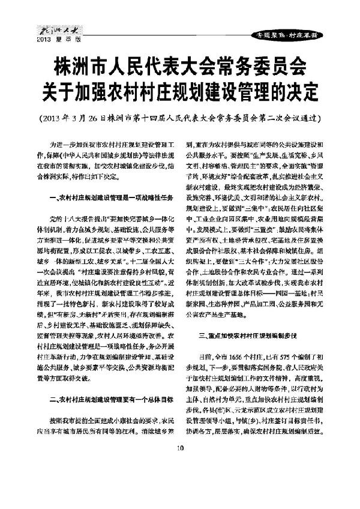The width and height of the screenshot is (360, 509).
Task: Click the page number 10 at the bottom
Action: (x=179, y=498)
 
